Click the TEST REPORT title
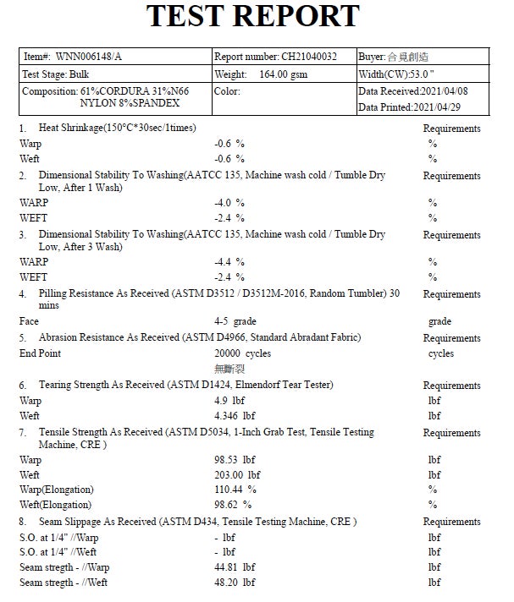[x=253, y=16]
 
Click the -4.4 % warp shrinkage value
[x=229, y=262]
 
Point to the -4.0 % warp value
[x=229, y=203]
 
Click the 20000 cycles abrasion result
[x=242, y=353]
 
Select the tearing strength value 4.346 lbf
[x=235, y=416]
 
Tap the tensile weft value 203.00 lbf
[x=237, y=475]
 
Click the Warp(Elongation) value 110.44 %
[x=237, y=490]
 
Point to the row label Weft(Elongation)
[x=56, y=505]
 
